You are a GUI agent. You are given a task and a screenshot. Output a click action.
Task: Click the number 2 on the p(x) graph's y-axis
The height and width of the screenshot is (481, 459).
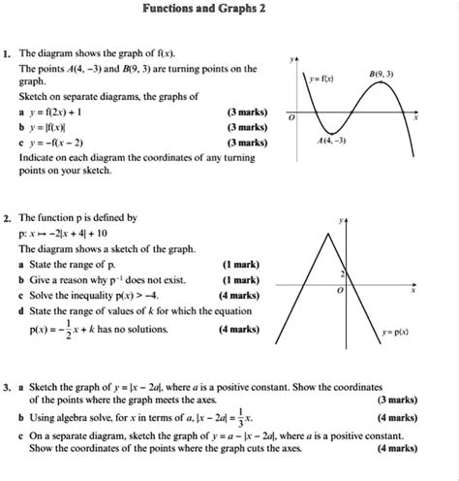(x=345, y=273)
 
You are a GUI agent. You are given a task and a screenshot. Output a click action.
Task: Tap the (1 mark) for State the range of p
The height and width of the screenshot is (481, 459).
(x=238, y=264)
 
